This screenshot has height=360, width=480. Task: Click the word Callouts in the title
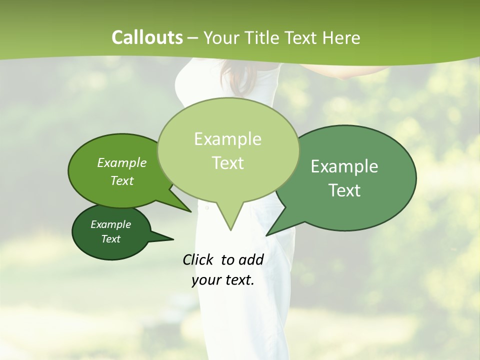pos(147,37)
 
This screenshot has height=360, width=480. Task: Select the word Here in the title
pos(342,37)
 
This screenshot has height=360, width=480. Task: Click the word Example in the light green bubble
pos(227,139)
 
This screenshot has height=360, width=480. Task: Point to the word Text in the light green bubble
pos(227,163)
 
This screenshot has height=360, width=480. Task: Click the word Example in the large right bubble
pos(344,166)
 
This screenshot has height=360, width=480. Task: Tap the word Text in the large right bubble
pos(344,190)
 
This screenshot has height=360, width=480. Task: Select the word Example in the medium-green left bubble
pos(122,162)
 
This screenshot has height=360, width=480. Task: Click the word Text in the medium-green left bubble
pos(122,180)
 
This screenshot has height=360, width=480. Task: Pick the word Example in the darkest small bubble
pos(110,224)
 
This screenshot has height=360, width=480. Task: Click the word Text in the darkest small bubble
pos(110,239)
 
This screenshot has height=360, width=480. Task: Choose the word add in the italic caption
pos(251,259)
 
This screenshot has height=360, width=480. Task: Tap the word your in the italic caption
pos(205,280)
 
